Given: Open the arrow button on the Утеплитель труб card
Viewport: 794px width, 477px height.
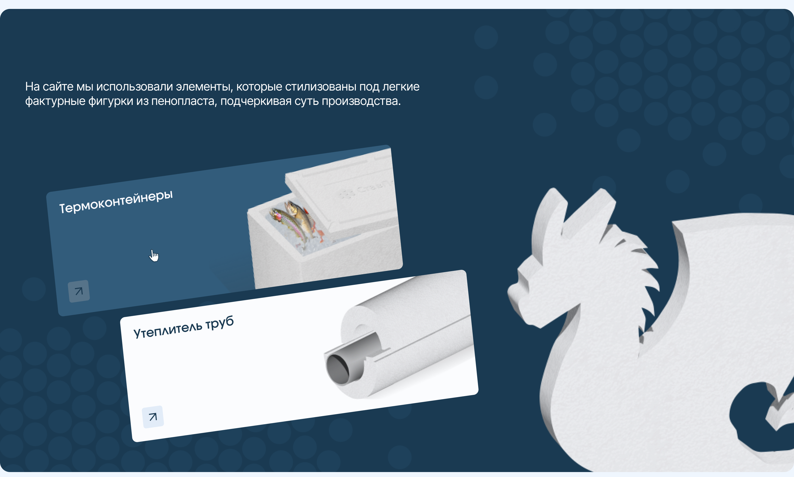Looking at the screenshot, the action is coord(153,417).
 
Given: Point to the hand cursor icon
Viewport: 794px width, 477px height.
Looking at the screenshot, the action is coord(154,255).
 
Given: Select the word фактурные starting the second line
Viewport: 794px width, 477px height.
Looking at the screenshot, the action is coord(55,101).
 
